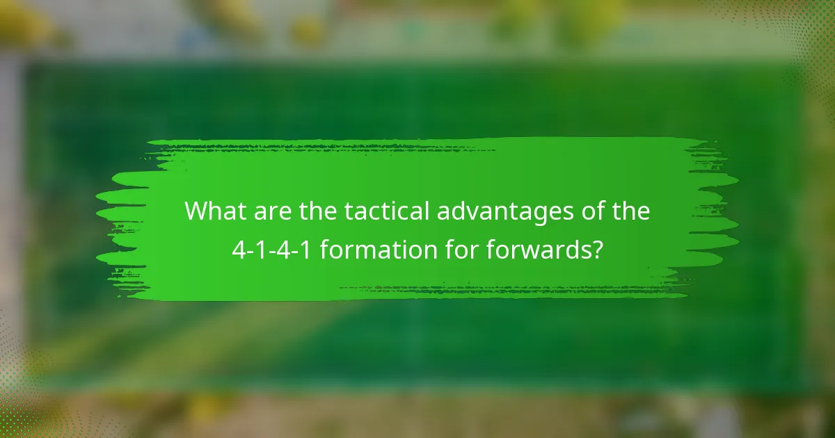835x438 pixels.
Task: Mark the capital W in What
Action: coord(197,211)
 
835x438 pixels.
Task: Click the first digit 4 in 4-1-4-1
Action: coord(238,248)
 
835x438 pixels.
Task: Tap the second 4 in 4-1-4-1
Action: coord(284,248)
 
